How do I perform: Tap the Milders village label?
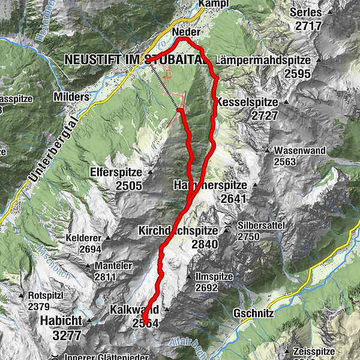(71, 97)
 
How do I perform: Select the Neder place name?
(185, 32)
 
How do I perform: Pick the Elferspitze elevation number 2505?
(128, 186)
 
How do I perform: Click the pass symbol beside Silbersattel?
(228, 225)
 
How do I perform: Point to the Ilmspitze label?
(215, 277)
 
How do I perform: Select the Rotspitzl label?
(45, 295)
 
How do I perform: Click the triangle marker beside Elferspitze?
(151, 173)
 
